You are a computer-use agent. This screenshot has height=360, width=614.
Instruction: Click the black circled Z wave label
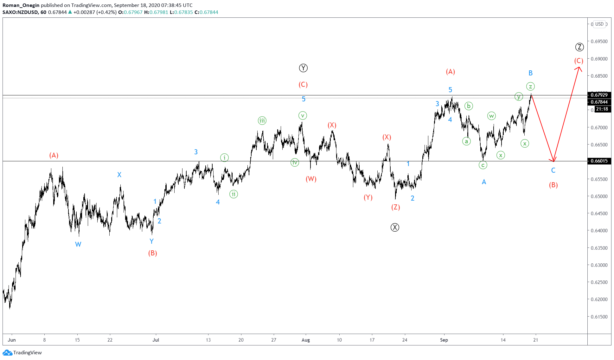point(579,47)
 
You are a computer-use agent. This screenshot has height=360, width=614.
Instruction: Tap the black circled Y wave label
point(303,68)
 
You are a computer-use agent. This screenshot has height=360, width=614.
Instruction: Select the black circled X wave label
point(395,227)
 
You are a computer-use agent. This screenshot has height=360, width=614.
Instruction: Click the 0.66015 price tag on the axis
point(599,161)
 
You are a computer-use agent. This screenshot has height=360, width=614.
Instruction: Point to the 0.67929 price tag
point(599,95)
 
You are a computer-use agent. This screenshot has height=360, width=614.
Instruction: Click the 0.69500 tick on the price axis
point(599,42)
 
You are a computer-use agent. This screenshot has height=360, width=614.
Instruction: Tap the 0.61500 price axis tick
point(599,317)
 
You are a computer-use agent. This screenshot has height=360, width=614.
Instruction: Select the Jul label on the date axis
point(156,340)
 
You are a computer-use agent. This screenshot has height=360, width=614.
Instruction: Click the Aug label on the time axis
point(305,340)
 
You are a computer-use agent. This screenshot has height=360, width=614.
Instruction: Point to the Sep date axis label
point(444,340)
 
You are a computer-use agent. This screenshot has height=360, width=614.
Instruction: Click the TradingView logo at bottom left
point(22,352)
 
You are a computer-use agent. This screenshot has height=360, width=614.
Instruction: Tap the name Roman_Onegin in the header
point(21,5)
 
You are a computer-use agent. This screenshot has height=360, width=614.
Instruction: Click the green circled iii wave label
point(262,120)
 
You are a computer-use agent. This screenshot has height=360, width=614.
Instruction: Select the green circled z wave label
point(530,86)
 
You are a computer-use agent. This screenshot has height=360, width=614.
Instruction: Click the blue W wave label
point(78,244)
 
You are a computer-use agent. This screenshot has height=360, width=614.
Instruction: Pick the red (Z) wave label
point(395,207)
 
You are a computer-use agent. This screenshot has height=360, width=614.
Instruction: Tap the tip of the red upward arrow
point(579,67)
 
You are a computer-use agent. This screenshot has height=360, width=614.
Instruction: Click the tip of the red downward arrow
point(553,161)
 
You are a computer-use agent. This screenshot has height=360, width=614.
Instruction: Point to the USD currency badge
point(599,24)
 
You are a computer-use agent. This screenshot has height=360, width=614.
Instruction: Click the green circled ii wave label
point(233,194)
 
